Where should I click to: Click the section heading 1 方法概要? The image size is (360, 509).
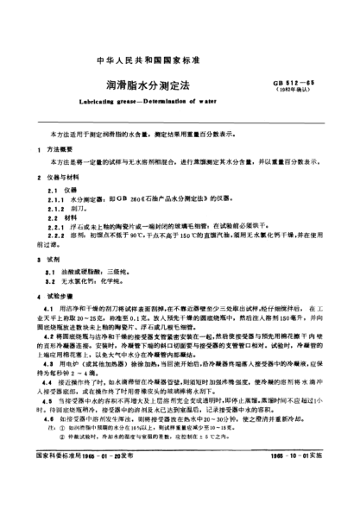point(54,148)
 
